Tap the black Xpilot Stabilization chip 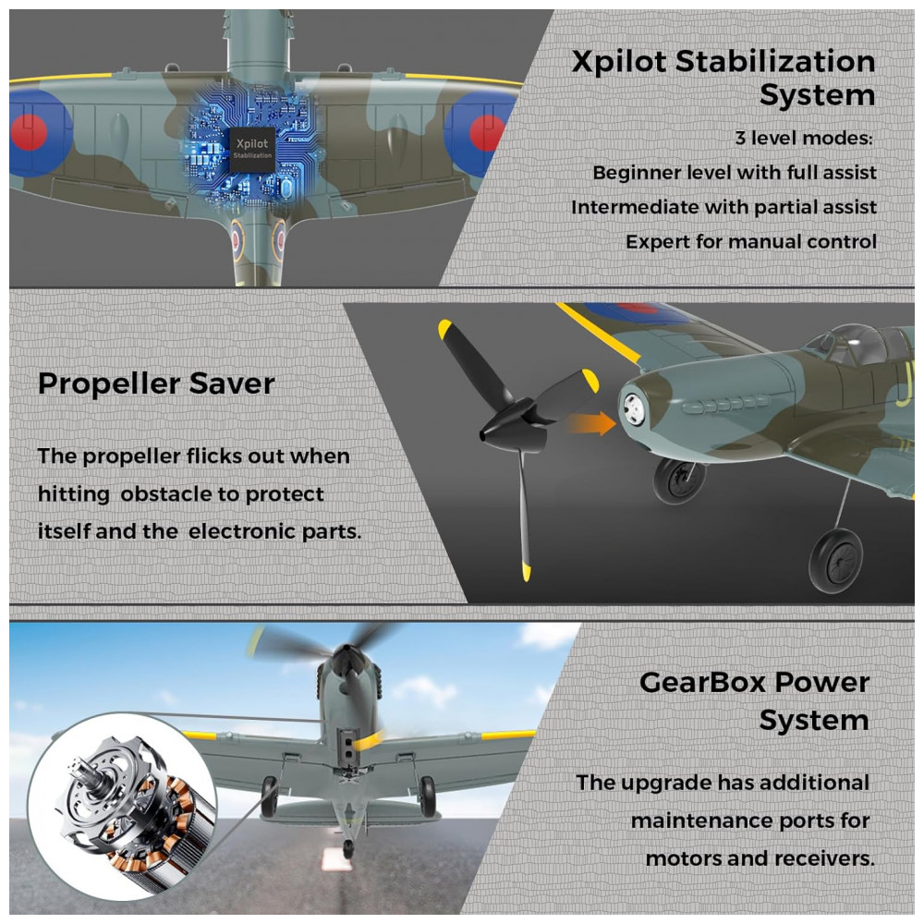[x=252, y=150]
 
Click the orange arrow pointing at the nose [x=589, y=423]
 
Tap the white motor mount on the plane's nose [x=634, y=408]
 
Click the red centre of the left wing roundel [x=29, y=131]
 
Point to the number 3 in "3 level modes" [x=741, y=138]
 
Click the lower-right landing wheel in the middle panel [x=835, y=560]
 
